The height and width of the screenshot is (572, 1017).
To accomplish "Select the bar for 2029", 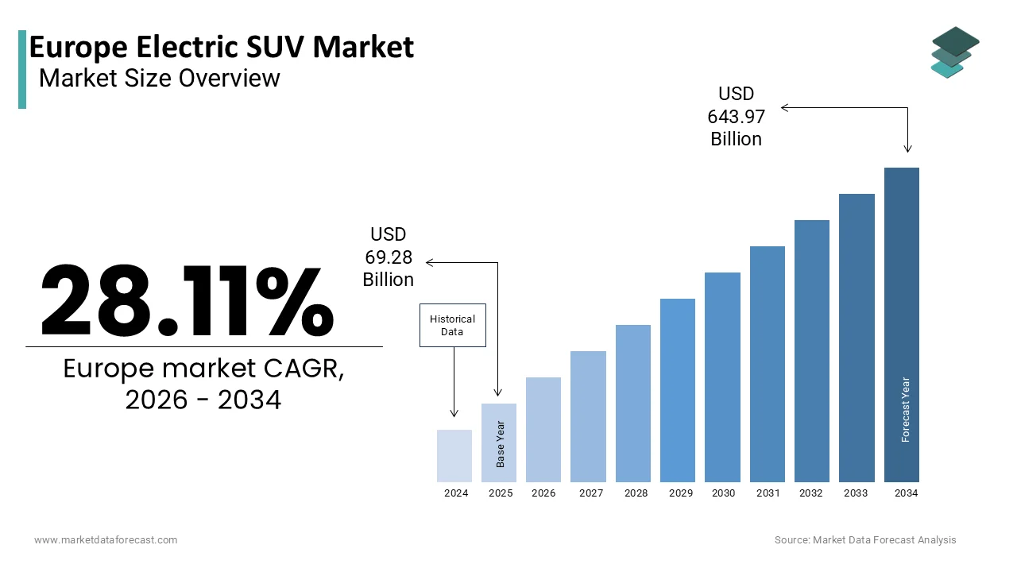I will [678, 390].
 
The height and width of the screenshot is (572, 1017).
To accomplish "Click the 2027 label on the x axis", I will [591, 493].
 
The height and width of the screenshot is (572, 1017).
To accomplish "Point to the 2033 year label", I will [856, 493].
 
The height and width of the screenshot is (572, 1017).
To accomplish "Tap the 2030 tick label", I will [723, 493].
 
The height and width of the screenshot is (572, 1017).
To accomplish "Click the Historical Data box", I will [452, 325].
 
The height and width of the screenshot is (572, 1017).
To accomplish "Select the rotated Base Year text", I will [501, 444].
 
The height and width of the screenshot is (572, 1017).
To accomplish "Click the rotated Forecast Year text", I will [906, 409].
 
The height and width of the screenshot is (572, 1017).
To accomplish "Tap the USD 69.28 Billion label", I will [388, 257].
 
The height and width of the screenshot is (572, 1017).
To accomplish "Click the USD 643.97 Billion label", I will [736, 117].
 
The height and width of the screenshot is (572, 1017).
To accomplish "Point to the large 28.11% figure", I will [188, 300].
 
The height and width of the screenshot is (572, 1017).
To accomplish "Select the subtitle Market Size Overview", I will [159, 78].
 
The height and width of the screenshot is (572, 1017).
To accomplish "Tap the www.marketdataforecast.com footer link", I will [106, 540].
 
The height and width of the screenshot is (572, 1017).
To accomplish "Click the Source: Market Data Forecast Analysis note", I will [865, 540].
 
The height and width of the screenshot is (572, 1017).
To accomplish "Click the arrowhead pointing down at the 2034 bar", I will [907, 149].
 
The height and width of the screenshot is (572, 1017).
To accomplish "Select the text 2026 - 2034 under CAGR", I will [203, 400].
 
